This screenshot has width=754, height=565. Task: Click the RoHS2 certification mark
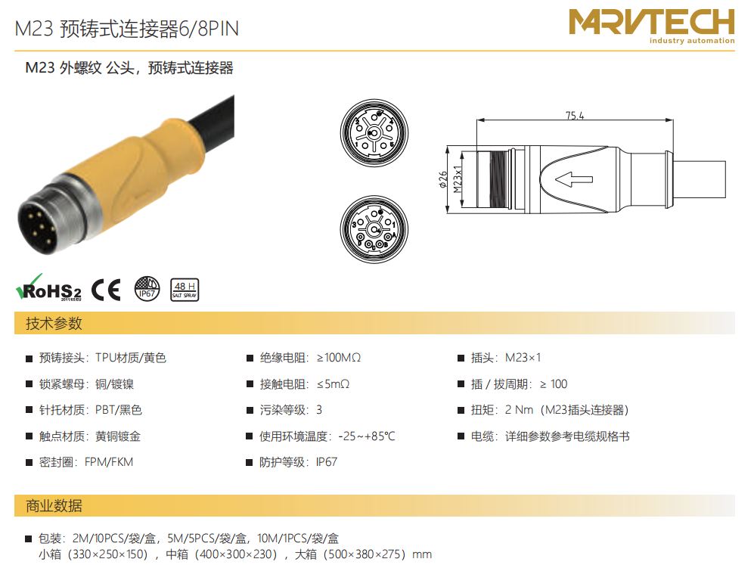pyautogui.click(x=48, y=287)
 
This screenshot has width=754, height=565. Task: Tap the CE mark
pyautogui.click(x=106, y=290)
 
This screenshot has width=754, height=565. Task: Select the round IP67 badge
pyautogui.click(x=147, y=288)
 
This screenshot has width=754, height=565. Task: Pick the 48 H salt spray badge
pyautogui.click(x=185, y=290)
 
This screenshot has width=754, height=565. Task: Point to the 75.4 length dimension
pyautogui.click(x=575, y=116)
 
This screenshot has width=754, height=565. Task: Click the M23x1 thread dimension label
pyautogui.click(x=458, y=179)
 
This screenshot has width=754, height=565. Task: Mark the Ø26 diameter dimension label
pyautogui.click(x=443, y=179)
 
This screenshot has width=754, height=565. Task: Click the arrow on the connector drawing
pyautogui.click(x=574, y=179)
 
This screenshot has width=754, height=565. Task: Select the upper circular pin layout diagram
pyautogui.click(x=374, y=133)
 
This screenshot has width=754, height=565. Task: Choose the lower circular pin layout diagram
pyautogui.click(x=374, y=229)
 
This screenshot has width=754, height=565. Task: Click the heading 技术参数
pyautogui.click(x=54, y=324)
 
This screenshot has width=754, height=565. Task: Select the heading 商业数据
pyautogui.click(x=54, y=506)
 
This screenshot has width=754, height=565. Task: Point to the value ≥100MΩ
pyautogui.click(x=339, y=358)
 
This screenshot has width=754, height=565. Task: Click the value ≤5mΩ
pyautogui.click(x=333, y=384)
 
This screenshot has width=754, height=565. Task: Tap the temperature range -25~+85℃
pyautogui.click(x=367, y=436)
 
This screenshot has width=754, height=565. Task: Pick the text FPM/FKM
pyautogui.click(x=109, y=462)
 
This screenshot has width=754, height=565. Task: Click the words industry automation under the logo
pyautogui.click(x=692, y=40)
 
